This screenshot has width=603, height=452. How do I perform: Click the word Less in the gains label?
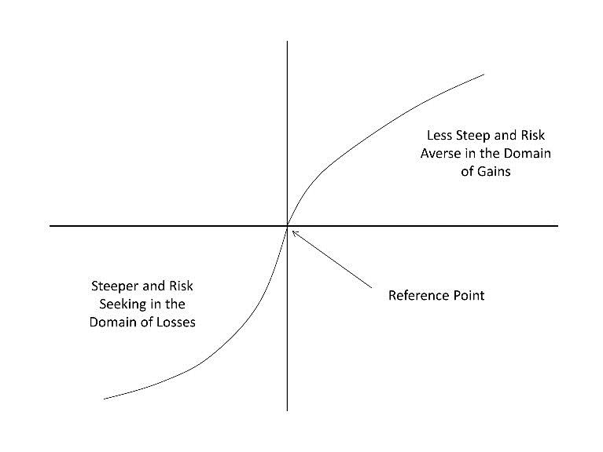point(439,136)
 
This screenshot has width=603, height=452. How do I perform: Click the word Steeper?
point(115,286)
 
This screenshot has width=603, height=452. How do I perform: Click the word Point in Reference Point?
point(469,296)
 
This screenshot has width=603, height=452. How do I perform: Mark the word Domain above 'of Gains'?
point(528,154)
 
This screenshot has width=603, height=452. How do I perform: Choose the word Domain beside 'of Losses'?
point(112,322)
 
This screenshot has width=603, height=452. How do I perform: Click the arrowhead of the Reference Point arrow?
point(293,231)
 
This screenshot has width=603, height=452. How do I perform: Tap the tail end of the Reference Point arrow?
point(372,287)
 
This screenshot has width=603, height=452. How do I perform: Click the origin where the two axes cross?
point(287,226)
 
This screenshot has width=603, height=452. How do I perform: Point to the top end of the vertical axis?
point(287,41)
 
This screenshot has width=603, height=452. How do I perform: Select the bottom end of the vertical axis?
point(287,411)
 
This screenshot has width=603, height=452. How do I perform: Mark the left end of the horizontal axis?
point(50,226)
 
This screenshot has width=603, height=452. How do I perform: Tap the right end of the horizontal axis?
point(558,226)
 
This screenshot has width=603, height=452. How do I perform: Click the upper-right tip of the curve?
point(484,75)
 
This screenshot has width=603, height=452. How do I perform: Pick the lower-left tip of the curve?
point(104,399)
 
